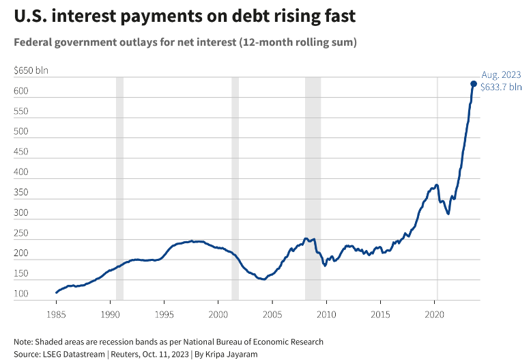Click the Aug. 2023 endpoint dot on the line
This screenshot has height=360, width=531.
[x=474, y=84]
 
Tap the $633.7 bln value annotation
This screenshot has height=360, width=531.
[x=501, y=87]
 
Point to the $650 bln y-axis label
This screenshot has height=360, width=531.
[x=31, y=70]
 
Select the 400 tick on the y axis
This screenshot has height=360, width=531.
[x=21, y=172]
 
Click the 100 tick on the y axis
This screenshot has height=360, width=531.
[x=21, y=294]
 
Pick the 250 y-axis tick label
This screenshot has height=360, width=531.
[x=21, y=233]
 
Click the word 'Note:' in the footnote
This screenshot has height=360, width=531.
[x=24, y=341]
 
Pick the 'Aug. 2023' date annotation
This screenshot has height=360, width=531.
[x=501, y=74]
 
